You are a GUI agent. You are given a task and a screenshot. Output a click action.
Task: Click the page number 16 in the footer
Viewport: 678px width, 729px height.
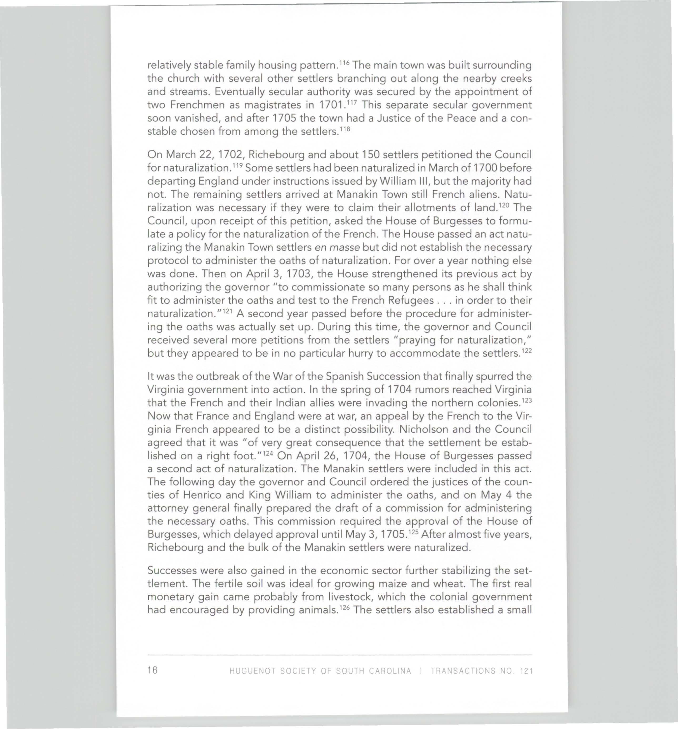pos(152,670)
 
